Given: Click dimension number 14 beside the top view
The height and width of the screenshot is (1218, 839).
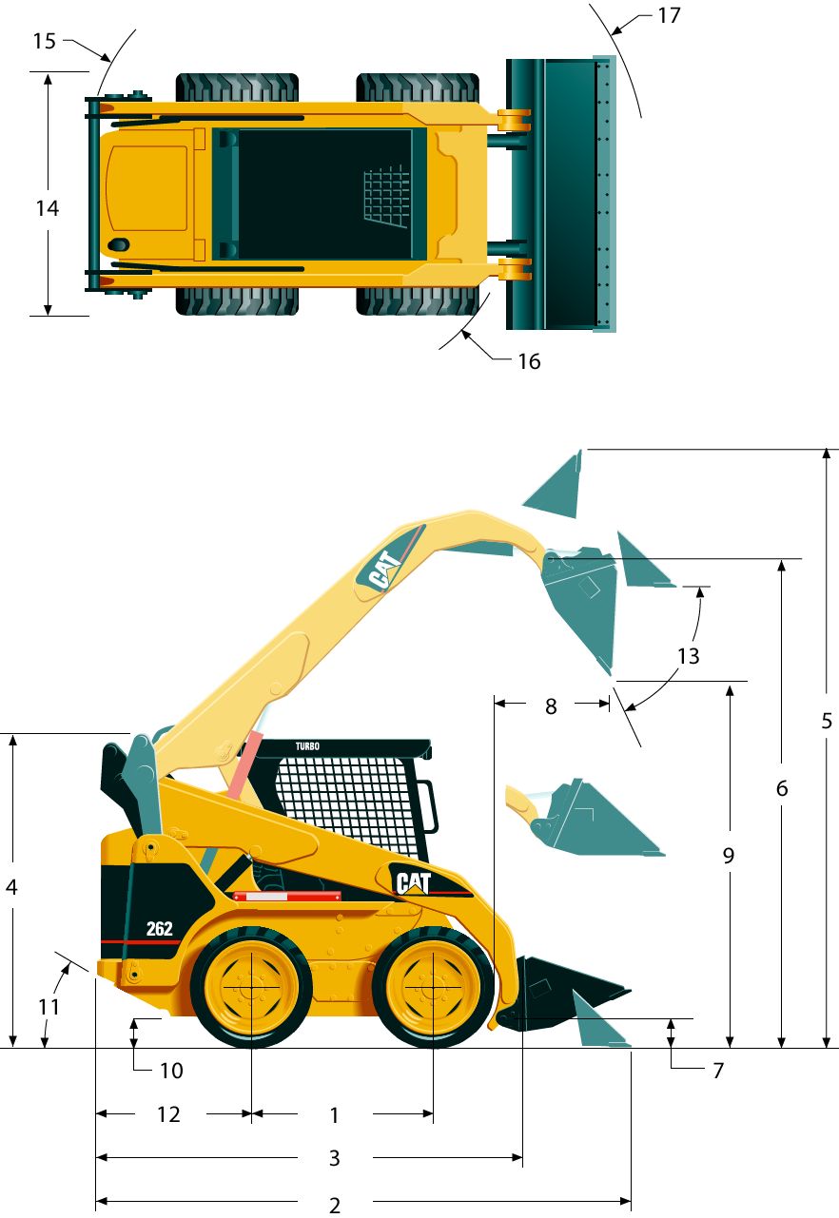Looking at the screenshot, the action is pyautogui.click(x=48, y=208).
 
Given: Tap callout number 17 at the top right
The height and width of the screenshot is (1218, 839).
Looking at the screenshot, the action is pyautogui.click(x=669, y=16).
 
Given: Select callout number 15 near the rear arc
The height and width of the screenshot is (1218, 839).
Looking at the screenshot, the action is pyautogui.click(x=44, y=41).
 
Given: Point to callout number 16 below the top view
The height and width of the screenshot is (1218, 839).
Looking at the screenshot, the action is pyautogui.click(x=529, y=361).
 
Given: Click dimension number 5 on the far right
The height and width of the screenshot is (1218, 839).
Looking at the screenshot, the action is pyautogui.click(x=827, y=721).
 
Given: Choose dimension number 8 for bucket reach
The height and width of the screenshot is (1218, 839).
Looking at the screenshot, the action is pyautogui.click(x=551, y=706).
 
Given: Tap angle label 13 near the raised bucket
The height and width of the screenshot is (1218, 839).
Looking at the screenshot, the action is pyautogui.click(x=689, y=656).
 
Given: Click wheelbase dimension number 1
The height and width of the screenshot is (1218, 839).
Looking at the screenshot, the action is pyautogui.click(x=335, y=1115).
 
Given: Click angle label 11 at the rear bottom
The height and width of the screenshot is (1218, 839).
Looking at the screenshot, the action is pyautogui.click(x=49, y=1007).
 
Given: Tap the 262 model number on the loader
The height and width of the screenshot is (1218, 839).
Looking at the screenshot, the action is pyautogui.click(x=160, y=928).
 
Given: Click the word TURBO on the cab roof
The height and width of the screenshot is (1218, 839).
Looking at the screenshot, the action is pyautogui.click(x=307, y=746).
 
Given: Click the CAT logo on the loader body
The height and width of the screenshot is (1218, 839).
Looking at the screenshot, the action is pyautogui.click(x=413, y=882).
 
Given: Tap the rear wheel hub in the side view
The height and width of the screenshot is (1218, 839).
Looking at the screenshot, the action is pyautogui.click(x=251, y=986).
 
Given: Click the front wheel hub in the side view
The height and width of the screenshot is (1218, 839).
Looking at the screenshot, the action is pyautogui.click(x=433, y=986).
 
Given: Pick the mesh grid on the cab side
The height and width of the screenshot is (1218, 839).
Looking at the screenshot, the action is pyautogui.click(x=346, y=803).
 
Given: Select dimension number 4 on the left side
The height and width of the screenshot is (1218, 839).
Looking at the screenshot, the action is pyautogui.click(x=11, y=887).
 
